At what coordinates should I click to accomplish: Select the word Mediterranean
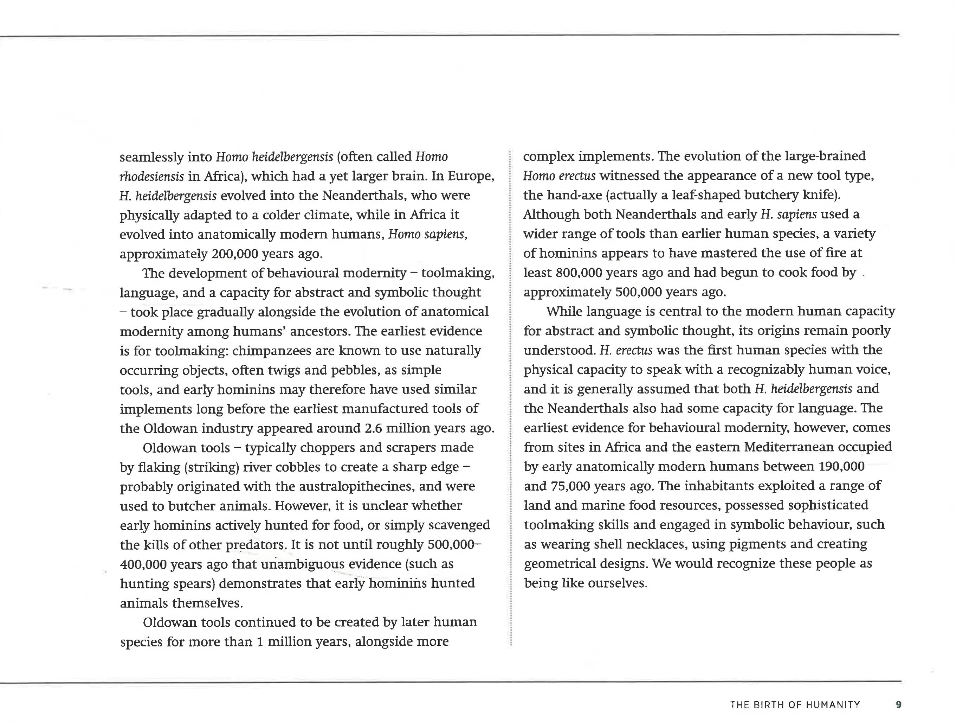pos(789,447)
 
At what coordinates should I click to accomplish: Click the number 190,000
pos(841,466)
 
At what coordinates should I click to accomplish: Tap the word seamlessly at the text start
pos(151,157)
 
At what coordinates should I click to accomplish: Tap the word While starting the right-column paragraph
pos(564,311)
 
